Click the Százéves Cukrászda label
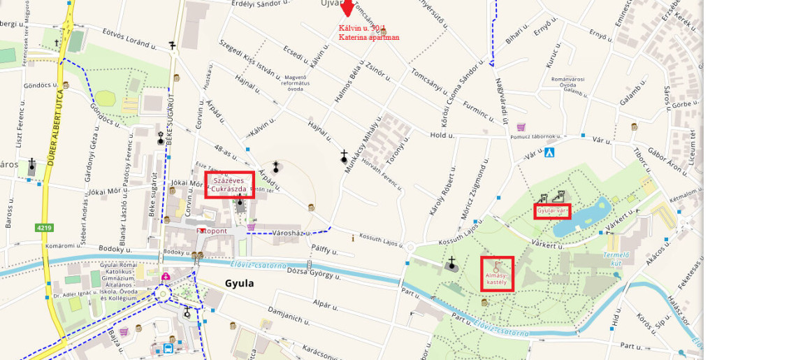(229, 185)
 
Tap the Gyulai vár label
(552, 210)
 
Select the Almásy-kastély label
(497, 279)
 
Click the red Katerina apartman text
(369, 37)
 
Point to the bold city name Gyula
(239, 284)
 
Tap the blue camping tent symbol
(550, 152)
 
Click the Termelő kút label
(616, 259)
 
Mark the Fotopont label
(211, 230)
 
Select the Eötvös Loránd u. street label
(129, 38)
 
